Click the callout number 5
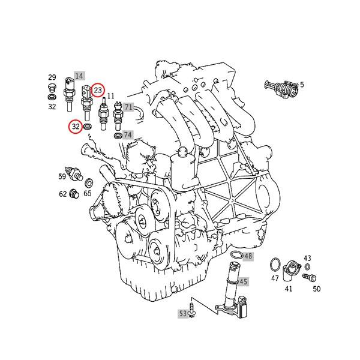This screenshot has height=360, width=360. (x=301, y=85)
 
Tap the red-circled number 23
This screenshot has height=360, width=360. (x=98, y=90)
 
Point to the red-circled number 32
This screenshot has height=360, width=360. (x=76, y=127)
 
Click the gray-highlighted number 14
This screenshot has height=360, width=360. (x=78, y=77)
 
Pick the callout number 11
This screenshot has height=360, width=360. (x=110, y=95)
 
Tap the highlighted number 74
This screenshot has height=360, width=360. (x=128, y=135)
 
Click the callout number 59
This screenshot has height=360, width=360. (x=62, y=176)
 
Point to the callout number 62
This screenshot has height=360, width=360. (x=62, y=194)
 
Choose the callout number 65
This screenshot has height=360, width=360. (x=88, y=193)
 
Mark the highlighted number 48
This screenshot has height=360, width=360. (x=248, y=256)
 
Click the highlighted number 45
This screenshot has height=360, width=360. (x=243, y=281)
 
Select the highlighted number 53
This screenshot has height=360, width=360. (x=182, y=313)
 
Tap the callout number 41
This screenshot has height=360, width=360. (x=289, y=289)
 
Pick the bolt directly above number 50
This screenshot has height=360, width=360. (x=310, y=277)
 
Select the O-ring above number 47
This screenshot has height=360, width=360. (x=274, y=265)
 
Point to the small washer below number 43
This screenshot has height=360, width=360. (x=308, y=266)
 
